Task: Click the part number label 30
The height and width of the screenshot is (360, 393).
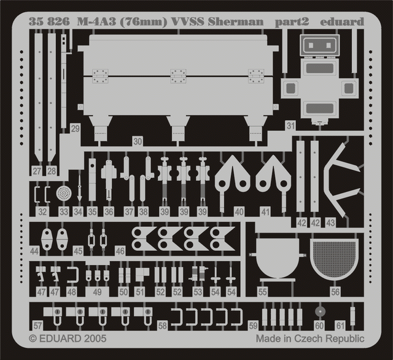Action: point(138,142)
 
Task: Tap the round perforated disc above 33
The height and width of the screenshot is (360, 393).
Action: point(64,194)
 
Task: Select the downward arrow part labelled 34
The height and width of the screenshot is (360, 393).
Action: point(79,188)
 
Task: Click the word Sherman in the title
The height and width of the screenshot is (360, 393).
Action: point(235,22)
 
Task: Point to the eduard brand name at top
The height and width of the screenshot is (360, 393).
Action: point(342,22)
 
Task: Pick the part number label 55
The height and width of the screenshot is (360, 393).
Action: point(262,292)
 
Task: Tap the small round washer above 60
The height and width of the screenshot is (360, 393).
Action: point(320,312)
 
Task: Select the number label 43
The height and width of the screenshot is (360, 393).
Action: point(330,223)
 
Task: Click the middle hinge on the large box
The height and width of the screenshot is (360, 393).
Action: point(178,76)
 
